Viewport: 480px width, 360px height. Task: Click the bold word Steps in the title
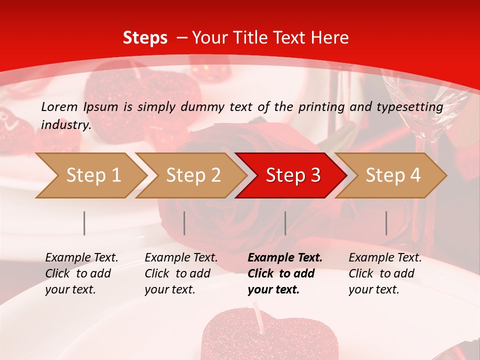(145, 38)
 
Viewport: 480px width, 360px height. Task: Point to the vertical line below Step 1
(84, 223)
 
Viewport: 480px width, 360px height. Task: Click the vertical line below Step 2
(184, 223)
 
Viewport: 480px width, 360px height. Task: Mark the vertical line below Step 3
(285, 223)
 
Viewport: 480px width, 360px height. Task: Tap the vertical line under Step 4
(386, 223)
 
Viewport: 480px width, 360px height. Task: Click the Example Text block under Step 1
(81, 273)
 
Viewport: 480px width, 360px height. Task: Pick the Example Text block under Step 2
(181, 273)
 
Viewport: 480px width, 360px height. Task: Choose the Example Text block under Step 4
(384, 273)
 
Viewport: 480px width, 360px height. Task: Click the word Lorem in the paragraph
(59, 107)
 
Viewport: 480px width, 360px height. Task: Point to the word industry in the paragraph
(65, 124)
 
